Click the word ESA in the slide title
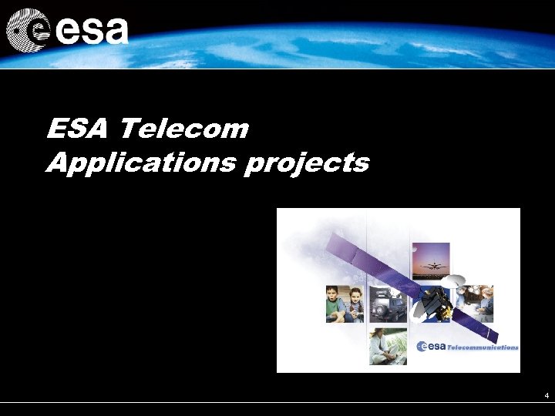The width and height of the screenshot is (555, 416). tap(74, 129)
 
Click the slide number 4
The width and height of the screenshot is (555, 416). tap(546, 396)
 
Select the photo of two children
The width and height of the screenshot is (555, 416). tap(345, 304)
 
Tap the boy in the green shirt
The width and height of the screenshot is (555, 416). tap(334, 305)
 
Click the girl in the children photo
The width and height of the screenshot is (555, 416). tap(355, 305)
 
